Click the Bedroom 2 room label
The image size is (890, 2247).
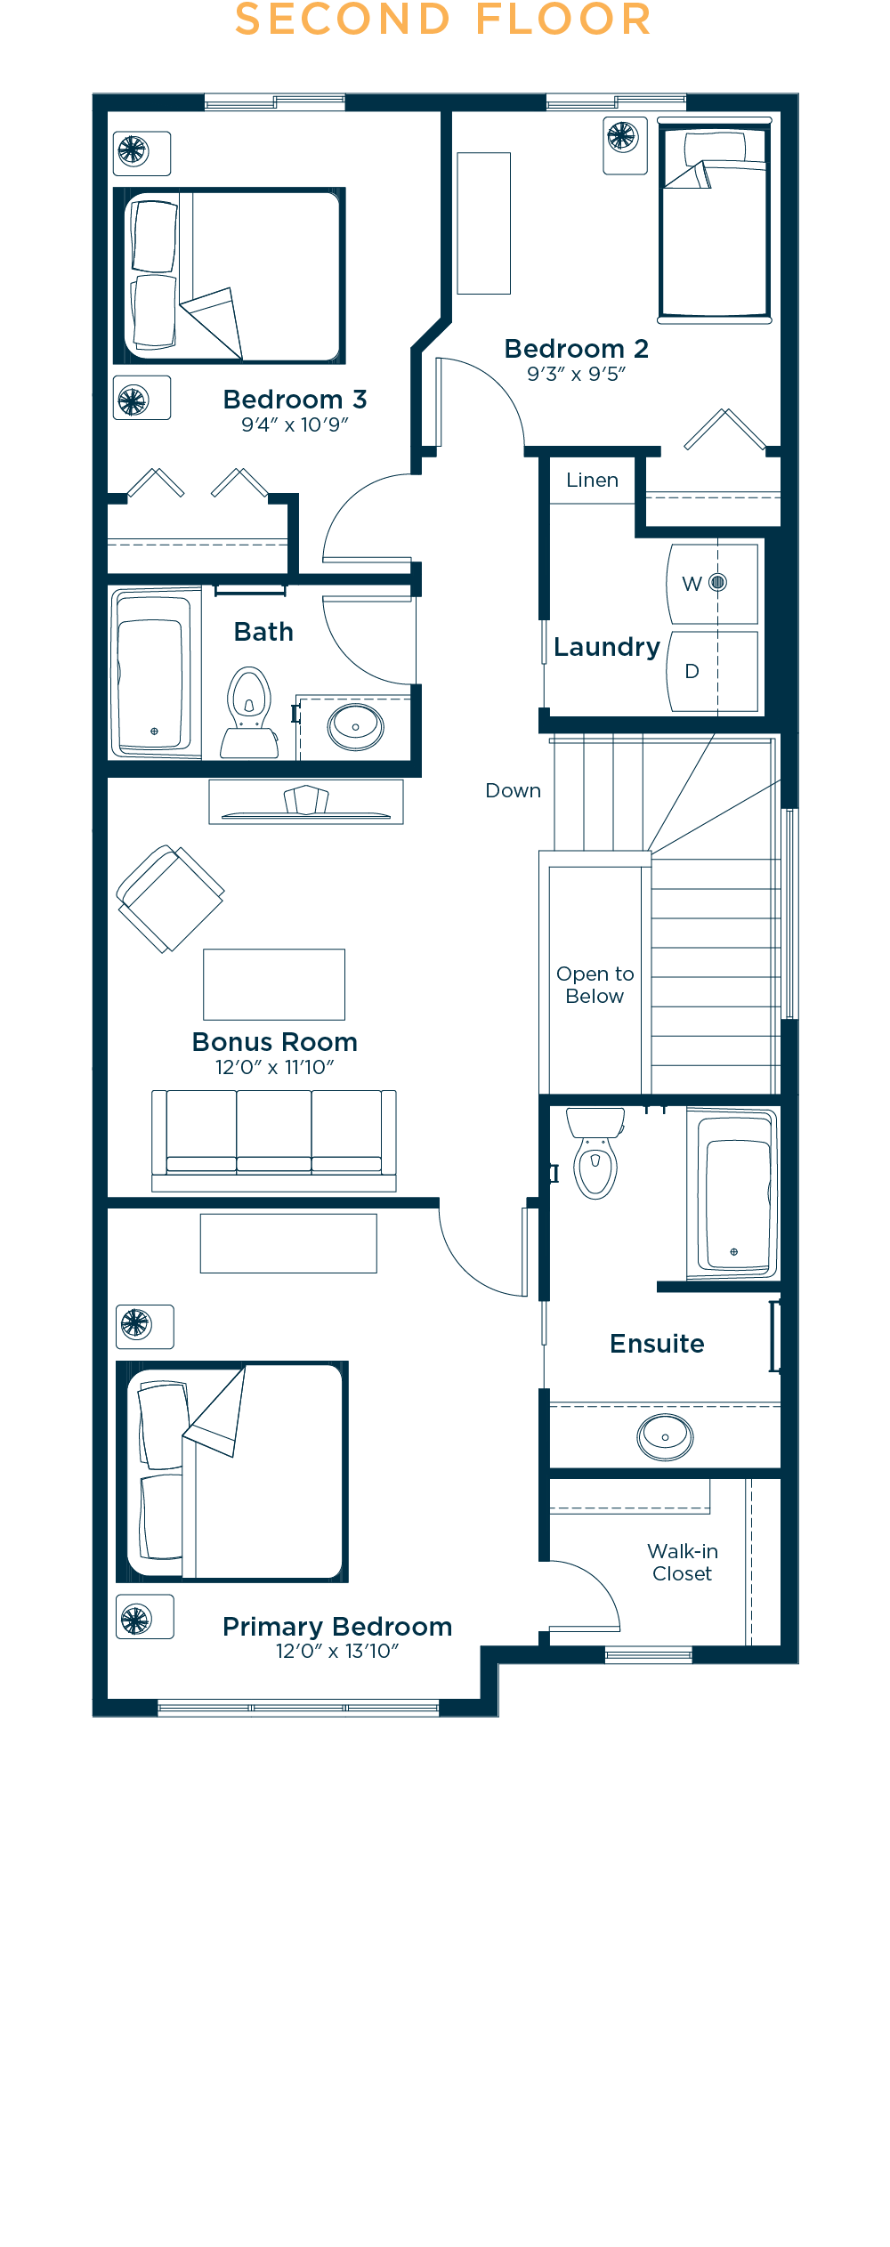576,349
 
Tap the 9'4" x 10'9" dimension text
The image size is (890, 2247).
295,424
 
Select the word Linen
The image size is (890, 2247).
592,481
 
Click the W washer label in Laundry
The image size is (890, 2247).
692,584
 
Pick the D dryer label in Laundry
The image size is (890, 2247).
692,671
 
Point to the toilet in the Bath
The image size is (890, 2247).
249,713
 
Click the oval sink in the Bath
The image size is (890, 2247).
356,726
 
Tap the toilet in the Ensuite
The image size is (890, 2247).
595,1152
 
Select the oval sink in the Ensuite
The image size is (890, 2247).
665,1436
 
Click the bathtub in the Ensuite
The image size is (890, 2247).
732,1193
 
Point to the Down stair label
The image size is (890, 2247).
513,790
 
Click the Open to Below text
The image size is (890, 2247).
595,985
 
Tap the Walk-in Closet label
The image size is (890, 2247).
683,1562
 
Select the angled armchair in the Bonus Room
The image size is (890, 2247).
170,899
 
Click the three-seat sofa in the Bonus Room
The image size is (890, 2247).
274,1140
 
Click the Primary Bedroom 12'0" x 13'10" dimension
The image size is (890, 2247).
337,1652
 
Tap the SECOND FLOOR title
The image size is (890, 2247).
443,20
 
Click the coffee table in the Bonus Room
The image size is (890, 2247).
274,984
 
